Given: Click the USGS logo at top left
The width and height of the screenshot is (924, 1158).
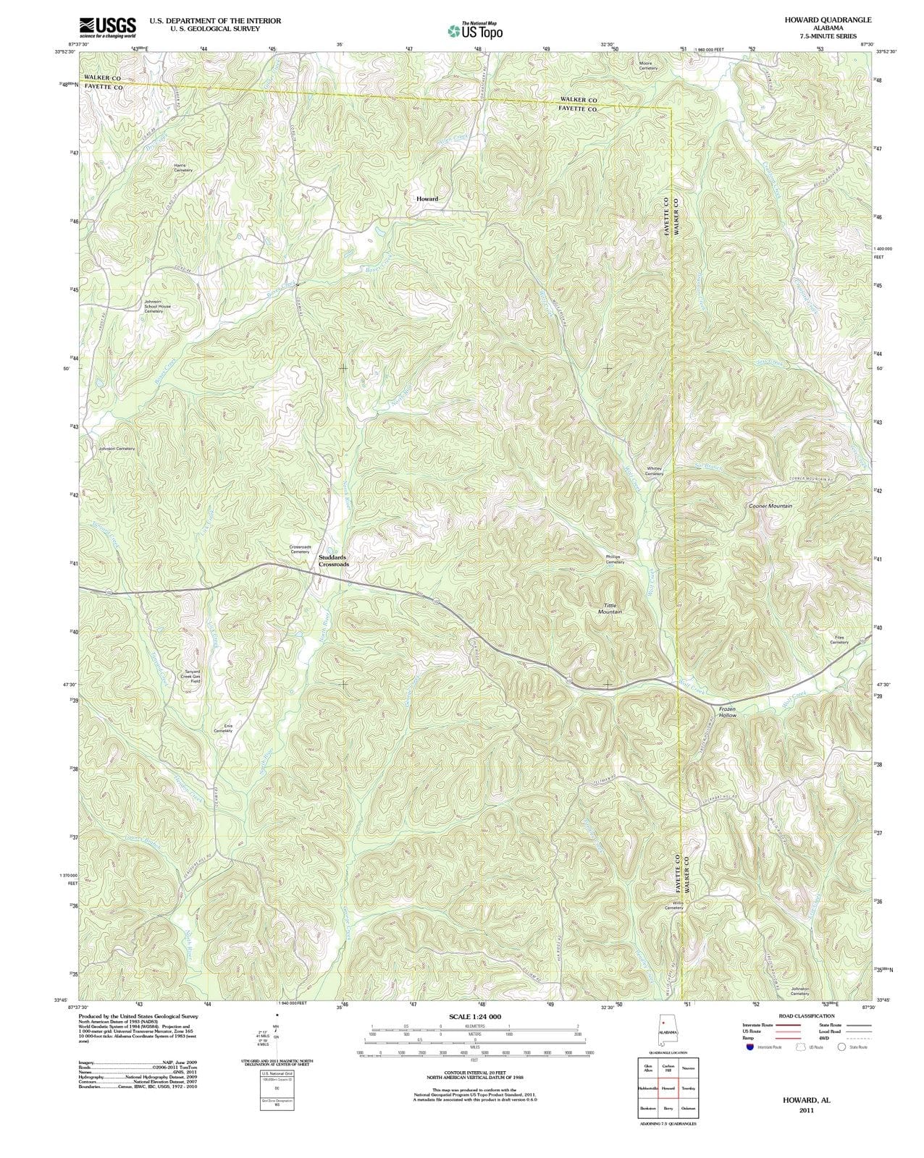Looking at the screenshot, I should (x=107, y=27).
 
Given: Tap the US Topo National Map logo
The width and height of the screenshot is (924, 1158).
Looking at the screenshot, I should (x=475, y=30).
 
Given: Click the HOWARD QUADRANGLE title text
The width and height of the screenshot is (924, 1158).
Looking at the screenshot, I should (x=828, y=20).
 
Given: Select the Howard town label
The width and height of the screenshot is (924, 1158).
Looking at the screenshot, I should (x=427, y=198).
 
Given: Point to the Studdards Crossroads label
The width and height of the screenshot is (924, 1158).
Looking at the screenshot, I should (x=333, y=560).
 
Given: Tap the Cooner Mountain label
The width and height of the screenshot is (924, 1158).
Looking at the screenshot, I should (x=770, y=506).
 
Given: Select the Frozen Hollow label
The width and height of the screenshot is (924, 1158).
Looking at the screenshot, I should (x=727, y=711).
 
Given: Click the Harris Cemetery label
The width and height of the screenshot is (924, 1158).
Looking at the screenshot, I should (x=183, y=167).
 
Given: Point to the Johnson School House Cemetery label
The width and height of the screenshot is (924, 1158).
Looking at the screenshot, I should (x=158, y=306).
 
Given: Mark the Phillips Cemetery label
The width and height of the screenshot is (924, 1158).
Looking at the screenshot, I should (x=615, y=559).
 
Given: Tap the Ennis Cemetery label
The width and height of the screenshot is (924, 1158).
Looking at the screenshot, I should (x=223, y=728).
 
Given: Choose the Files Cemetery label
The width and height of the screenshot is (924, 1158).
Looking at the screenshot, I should (x=839, y=640).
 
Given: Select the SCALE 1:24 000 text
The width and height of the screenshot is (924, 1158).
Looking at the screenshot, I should (x=474, y=1016).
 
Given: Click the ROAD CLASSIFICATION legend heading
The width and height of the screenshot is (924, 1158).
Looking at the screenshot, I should (x=807, y=1016).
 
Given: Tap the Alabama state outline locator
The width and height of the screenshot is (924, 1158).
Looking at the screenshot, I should (x=667, y=1031).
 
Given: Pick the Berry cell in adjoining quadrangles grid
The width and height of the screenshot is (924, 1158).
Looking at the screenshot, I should (x=668, y=1108).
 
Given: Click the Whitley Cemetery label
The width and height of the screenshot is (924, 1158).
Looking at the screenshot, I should (x=654, y=470).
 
